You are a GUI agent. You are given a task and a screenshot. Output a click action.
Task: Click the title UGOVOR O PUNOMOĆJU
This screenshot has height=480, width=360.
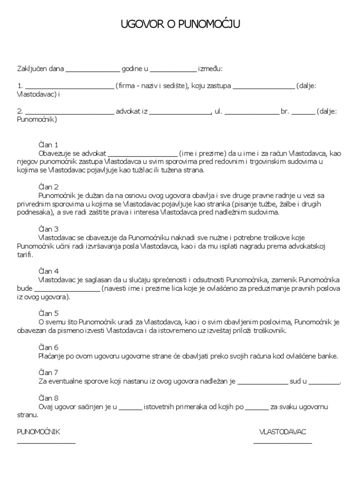(180, 24)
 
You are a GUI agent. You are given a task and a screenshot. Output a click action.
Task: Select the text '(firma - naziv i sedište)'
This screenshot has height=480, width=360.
(152, 86)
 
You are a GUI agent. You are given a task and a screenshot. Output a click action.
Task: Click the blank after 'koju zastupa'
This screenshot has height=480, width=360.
(263, 87)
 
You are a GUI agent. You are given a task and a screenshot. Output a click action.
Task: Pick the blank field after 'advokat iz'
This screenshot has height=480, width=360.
(180, 112)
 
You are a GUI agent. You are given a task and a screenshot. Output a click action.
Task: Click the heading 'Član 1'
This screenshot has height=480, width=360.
(47, 145)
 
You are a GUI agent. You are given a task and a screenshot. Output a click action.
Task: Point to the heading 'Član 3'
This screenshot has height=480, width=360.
(47, 229)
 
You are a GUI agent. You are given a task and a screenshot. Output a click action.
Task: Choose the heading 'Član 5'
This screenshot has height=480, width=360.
(47, 313)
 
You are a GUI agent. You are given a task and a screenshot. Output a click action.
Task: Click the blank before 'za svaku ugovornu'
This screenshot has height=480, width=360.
(256, 407)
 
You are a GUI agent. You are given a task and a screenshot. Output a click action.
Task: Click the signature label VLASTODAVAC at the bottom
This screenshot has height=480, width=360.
(283, 432)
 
